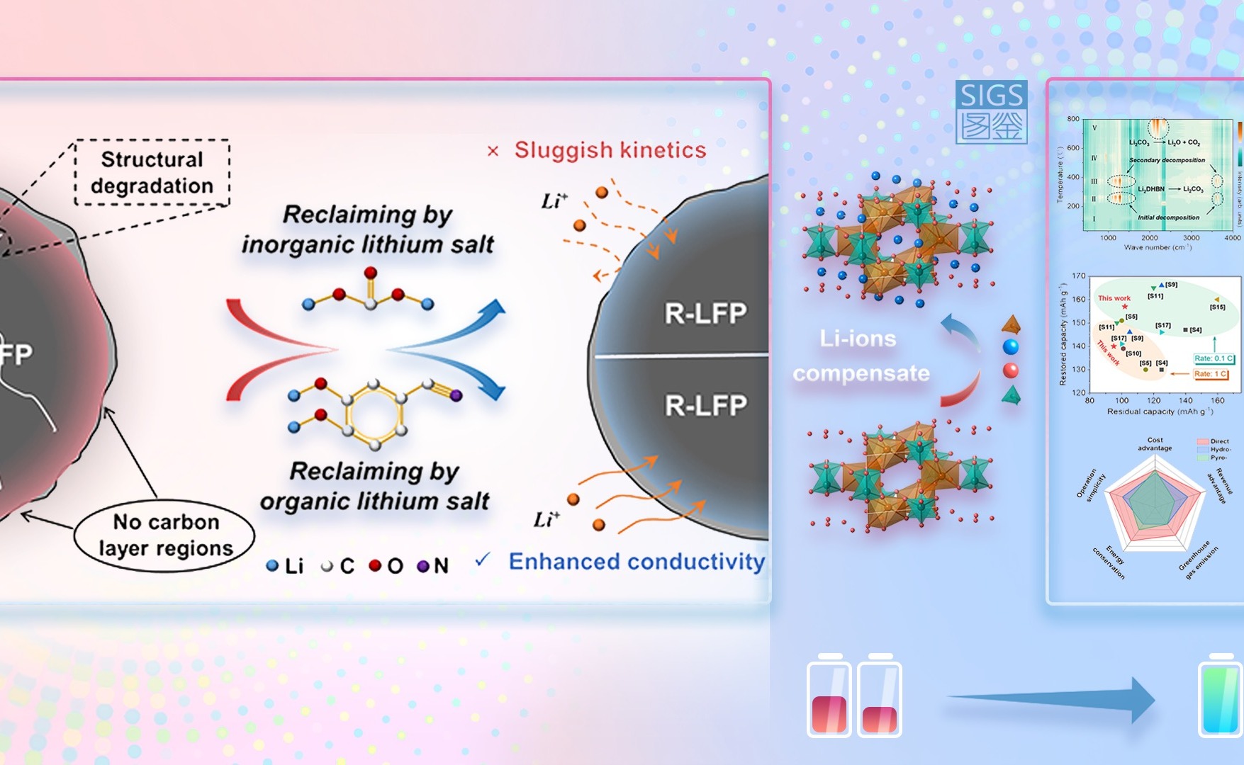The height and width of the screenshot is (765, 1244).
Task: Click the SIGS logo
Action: (991, 113)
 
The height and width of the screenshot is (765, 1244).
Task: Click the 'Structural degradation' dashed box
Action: (152, 173)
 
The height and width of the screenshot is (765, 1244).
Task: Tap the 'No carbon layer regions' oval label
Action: (165, 535)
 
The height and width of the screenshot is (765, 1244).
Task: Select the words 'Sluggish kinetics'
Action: (610, 150)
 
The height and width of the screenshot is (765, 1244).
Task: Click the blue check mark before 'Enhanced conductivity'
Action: (483, 560)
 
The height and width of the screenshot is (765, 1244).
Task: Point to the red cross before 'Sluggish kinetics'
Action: (493, 151)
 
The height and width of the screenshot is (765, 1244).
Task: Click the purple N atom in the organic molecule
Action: (456, 395)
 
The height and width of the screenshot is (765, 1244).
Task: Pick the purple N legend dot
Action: (423, 566)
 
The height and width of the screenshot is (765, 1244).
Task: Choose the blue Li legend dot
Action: (272, 566)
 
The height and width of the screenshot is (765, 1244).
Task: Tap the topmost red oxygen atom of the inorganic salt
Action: (370, 273)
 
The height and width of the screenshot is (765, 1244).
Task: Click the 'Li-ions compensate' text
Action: (860, 356)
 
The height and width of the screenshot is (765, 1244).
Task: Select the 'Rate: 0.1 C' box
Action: (1214, 358)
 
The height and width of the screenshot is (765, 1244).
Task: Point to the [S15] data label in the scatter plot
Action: (1217, 307)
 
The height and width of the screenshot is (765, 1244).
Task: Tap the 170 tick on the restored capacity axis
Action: (1078, 276)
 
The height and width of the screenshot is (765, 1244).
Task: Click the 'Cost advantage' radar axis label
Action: (1155, 444)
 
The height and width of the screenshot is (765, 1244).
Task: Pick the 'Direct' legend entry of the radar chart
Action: (1214, 441)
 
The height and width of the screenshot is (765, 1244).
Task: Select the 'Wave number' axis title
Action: (1158, 247)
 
